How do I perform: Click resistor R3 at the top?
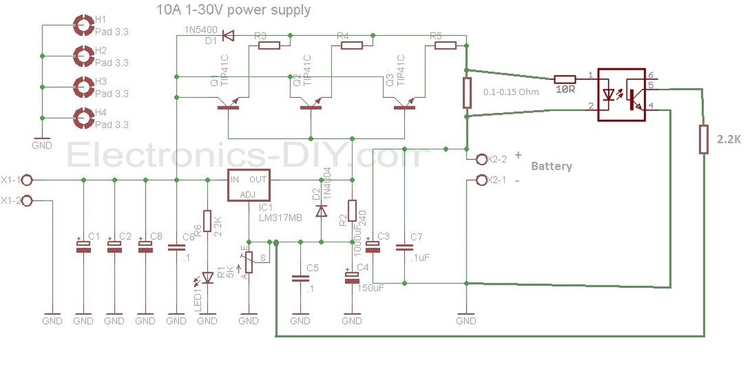pyautogui.click(x=268, y=45)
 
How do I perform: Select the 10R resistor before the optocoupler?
pyautogui.click(x=565, y=79)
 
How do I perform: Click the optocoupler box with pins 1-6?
pyautogui.click(x=622, y=95)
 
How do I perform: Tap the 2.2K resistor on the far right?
pyautogui.click(x=703, y=139)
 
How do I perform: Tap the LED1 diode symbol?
pyautogui.click(x=207, y=276)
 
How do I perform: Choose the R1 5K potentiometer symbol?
pyautogui.click(x=249, y=262)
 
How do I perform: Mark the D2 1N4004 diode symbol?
pyautogui.click(x=321, y=210)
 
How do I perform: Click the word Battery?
pyautogui.click(x=551, y=166)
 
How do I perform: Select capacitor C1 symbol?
pyautogui.click(x=83, y=248)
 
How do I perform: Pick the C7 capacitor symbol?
pyautogui.click(x=404, y=248)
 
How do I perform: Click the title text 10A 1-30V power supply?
pyautogui.click(x=233, y=10)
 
